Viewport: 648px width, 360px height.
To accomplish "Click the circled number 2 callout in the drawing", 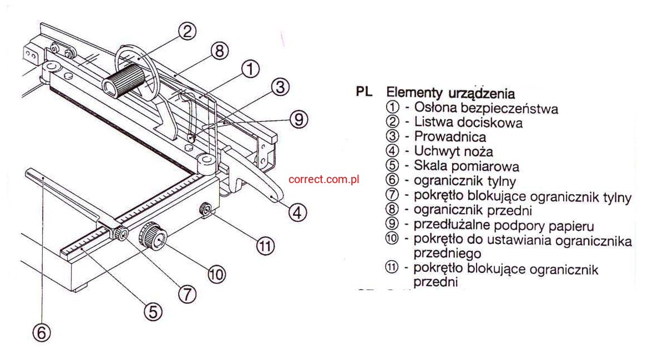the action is [x=187, y=31].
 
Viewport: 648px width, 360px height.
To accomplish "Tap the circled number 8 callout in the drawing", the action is [x=220, y=51].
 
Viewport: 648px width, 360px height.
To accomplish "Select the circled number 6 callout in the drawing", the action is [x=41, y=332].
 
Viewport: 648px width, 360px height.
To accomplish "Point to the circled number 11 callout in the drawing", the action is [x=265, y=246].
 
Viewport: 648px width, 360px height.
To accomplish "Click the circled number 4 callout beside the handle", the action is [x=297, y=213].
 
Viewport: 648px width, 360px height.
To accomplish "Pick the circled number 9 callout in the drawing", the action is [x=299, y=119].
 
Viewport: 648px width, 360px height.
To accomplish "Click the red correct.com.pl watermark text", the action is [x=323, y=179].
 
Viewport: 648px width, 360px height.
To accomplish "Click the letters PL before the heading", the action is [x=364, y=92].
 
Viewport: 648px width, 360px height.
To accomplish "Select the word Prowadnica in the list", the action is [x=450, y=136].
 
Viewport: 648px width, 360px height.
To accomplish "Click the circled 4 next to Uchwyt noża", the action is [x=392, y=151].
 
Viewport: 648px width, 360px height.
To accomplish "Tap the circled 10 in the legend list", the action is [x=392, y=239].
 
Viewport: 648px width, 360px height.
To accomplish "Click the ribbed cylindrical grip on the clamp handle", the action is [x=124, y=82].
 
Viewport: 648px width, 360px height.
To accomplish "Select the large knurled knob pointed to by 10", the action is [x=153, y=236].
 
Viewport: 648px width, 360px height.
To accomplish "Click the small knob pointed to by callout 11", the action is [x=205, y=210].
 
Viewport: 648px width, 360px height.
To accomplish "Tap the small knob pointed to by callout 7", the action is [x=121, y=234].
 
